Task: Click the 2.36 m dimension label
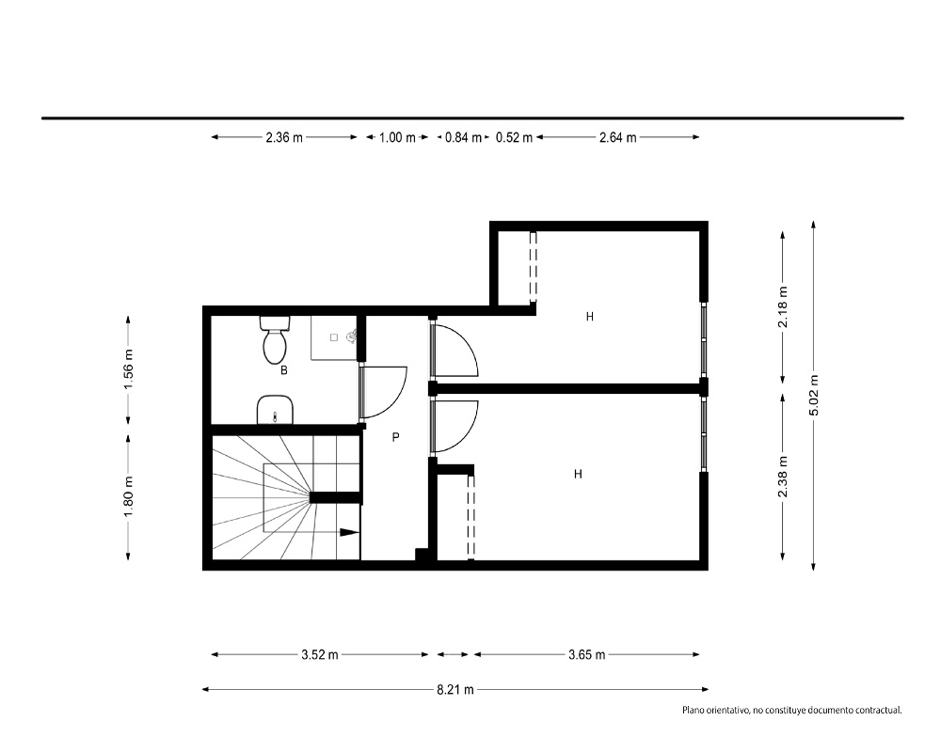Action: pyautogui.click(x=284, y=137)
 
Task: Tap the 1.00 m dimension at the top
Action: pyautogui.click(x=397, y=137)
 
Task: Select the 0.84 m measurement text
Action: pyautogui.click(x=463, y=137)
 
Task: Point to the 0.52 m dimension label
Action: pyautogui.click(x=515, y=137)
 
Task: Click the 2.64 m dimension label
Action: pyautogui.click(x=617, y=137)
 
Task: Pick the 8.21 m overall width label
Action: pyautogui.click(x=455, y=690)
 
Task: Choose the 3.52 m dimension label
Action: pyautogui.click(x=320, y=655)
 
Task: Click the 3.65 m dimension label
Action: pyautogui.click(x=587, y=655)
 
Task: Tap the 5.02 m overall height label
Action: pyautogui.click(x=814, y=395)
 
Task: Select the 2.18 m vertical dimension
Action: pyautogui.click(x=783, y=307)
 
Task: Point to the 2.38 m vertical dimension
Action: pyautogui.click(x=783, y=477)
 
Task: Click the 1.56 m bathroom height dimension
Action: pyautogui.click(x=128, y=368)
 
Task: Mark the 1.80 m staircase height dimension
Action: pyautogui.click(x=128, y=496)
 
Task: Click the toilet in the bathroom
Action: pyautogui.click(x=275, y=340)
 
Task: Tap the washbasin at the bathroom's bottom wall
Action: pyautogui.click(x=275, y=410)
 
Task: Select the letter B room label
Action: pyautogui.click(x=284, y=370)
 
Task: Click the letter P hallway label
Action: pyautogui.click(x=395, y=437)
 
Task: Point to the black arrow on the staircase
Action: pyautogui.click(x=349, y=532)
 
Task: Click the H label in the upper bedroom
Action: pyautogui.click(x=590, y=316)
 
